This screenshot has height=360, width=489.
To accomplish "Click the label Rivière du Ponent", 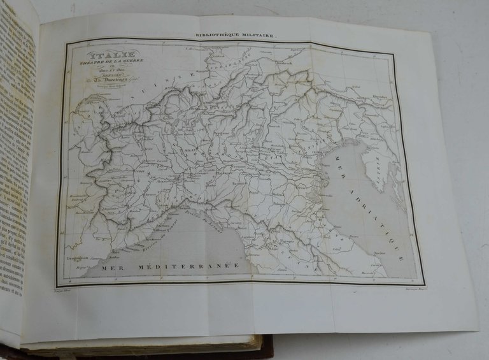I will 148,239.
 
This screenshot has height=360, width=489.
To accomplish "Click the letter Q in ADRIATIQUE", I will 397,247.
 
